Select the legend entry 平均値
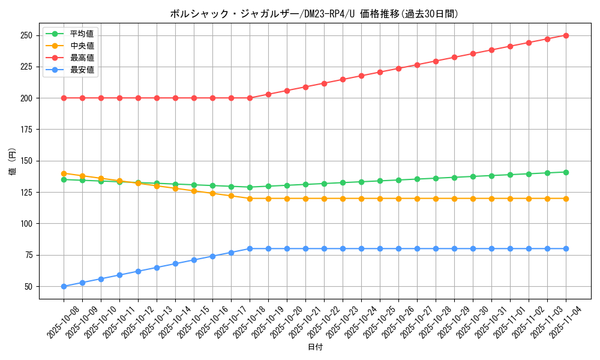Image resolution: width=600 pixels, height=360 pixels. [x=82, y=34]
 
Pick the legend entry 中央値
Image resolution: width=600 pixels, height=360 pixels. [x=82, y=46]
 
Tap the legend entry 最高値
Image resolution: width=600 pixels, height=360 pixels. [x=82, y=58]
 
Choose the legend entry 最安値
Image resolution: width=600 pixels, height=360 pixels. [x=82, y=70]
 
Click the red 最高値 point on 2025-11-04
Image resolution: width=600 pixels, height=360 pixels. [x=566, y=35]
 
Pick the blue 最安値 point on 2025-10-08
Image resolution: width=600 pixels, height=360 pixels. [x=64, y=286]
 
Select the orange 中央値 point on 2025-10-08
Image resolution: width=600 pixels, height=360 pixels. [x=64, y=173]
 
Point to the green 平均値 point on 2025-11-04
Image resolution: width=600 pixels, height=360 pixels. [x=566, y=172]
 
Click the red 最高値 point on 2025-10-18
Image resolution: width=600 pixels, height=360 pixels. [x=250, y=98]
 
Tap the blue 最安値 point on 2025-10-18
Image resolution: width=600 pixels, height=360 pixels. [x=250, y=248]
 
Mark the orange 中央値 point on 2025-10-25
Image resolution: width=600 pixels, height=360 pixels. [x=380, y=199]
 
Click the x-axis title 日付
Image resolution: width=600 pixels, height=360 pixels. [x=315, y=347]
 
